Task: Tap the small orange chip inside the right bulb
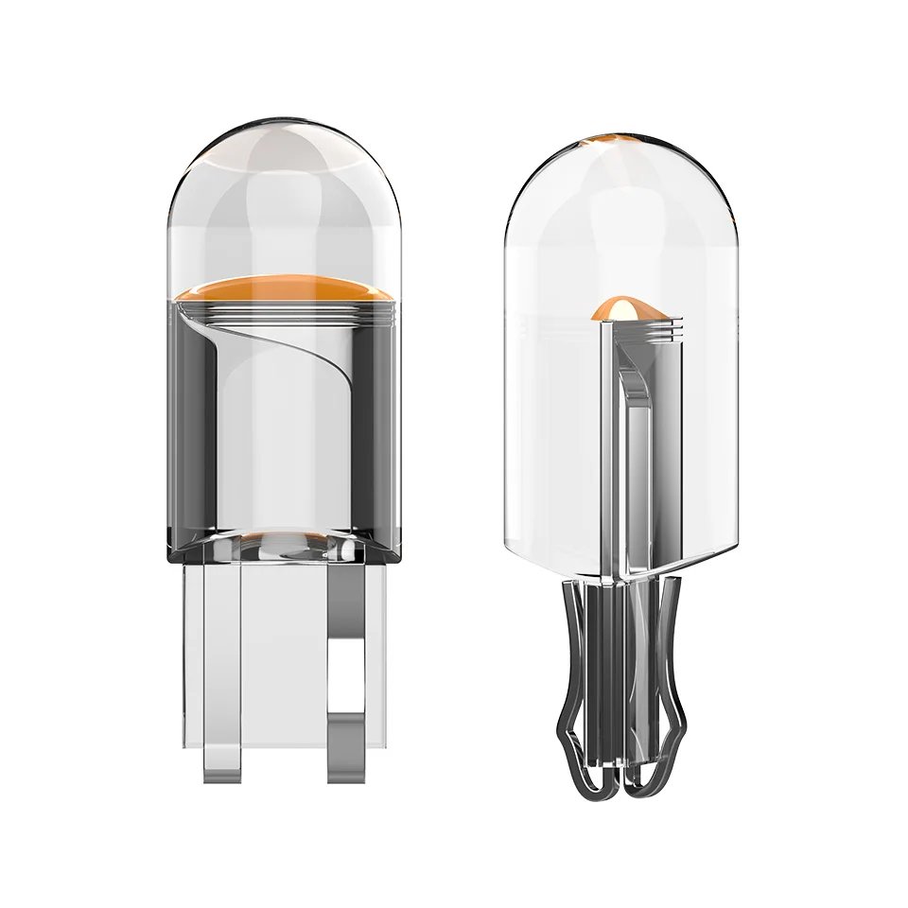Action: coord(616,306)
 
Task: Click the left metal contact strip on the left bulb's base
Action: coord(220,662)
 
